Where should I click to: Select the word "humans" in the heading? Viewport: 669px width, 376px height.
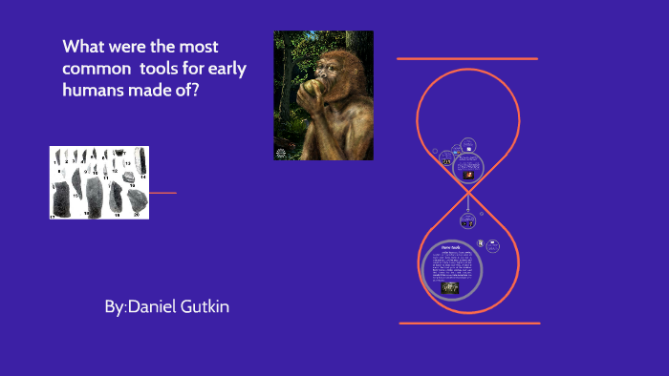(x=91, y=91)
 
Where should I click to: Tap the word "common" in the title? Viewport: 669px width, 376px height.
(x=93, y=69)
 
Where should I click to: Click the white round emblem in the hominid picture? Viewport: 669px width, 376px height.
(x=281, y=153)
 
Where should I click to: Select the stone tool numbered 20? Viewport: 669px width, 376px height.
(x=138, y=199)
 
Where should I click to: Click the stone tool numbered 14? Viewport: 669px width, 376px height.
(x=140, y=160)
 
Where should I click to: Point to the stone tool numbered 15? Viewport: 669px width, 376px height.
(x=76, y=184)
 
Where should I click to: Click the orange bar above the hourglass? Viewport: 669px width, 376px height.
(x=467, y=59)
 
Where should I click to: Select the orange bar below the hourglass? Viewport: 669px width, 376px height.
(x=469, y=324)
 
